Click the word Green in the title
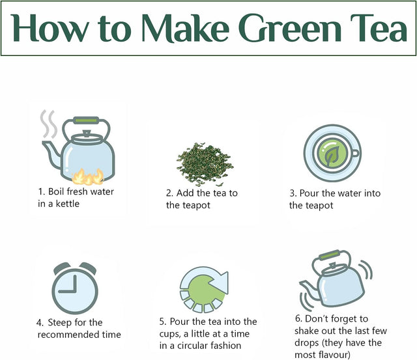click(x=290, y=27)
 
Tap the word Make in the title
click(x=185, y=27)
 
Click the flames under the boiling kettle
click(x=88, y=176)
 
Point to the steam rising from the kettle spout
click(x=49, y=124)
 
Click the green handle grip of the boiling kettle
click(x=86, y=120)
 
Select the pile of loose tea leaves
click(x=205, y=164)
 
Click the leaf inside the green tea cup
click(x=332, y=156)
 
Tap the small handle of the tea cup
click(x=355, y=153)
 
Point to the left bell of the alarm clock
click(x=62, y=268)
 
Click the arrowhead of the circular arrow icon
click(x=220, y=283)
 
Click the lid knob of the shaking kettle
click(x=332, y=266)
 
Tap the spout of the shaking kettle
click(x=308, y=288)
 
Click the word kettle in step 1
click(x=68, y=204)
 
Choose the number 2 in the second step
click(x=169, y=193)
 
